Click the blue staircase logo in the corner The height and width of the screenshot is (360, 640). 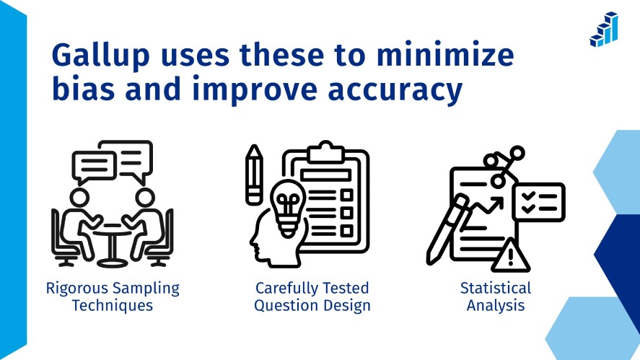[x=604, y=30]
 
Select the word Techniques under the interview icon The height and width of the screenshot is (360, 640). [x=113, y=305]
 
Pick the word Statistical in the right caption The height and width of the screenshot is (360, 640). [x=495, y=289]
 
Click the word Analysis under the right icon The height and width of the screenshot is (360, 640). [x=495, y=305]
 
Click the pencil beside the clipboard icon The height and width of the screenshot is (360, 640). [x=253, y=173]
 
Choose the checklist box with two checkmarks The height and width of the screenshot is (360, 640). [x=538, y=201]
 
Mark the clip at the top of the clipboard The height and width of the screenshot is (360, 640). [x=326, y=152]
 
